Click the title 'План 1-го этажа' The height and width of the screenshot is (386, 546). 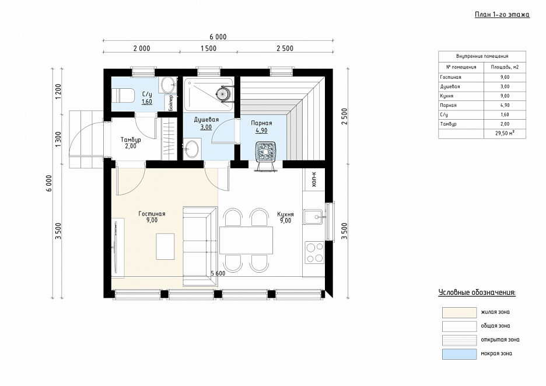point(502,14)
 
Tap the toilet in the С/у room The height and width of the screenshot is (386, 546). point(123,95)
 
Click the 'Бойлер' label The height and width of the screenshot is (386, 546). point(170,103)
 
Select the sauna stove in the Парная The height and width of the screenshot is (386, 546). point(267,157)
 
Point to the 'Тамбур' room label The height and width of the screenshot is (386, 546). point(131,140)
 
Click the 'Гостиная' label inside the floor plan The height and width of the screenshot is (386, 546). point(152,214)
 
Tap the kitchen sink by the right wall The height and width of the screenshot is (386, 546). point(314,217)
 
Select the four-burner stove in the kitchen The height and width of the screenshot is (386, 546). point(314,252)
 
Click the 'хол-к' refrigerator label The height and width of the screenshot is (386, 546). point(314,179)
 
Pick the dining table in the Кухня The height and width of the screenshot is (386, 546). point(246,241)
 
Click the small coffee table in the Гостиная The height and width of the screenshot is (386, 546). point(165,246)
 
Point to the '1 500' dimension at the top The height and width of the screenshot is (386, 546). point(208,48)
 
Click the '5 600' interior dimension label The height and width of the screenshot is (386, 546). point(218,273)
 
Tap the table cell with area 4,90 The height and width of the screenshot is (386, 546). point(505,105)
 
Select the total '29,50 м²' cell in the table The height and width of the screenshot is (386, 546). point(505,134)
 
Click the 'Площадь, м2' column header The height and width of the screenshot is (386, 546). point(505,67)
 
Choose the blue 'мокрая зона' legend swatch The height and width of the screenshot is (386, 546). point(459,354)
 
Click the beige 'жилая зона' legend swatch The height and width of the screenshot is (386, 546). point(459,312)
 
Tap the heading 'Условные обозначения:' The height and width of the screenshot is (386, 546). point(477,293)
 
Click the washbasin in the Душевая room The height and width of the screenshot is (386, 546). point(191,149)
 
